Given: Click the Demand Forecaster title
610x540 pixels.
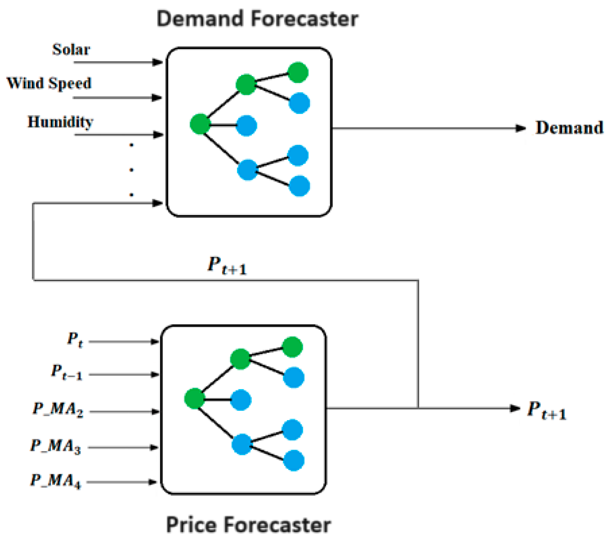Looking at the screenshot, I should [257, 19].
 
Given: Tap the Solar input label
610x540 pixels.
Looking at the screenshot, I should [71, 50].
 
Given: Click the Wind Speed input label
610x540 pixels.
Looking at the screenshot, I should [49, 83].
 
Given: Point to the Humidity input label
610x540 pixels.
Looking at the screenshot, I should [60, 122].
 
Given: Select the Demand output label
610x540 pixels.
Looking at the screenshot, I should [569, 128].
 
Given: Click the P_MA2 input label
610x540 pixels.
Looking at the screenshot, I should [58, 409].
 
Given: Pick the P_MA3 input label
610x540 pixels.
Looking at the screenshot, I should [56, 446].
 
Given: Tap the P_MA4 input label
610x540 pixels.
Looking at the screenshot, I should [56, 481].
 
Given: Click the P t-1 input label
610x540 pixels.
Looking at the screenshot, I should [67, 372].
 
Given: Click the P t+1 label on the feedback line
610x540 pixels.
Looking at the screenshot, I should [227, 265].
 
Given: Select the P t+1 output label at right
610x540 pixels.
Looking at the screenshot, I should [546, 410].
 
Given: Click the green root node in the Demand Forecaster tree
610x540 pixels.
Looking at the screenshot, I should [200, 124].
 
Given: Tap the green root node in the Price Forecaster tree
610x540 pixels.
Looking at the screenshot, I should [194, 398].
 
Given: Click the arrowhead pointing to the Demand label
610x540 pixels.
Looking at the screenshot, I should [521, 128].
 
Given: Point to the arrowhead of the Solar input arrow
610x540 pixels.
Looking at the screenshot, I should [158, 62].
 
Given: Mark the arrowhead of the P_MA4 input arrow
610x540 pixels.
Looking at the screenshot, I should [153, 482].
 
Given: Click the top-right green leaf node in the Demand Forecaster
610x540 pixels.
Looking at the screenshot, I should [298, 72].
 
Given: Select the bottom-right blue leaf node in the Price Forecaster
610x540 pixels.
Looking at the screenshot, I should [294, 460].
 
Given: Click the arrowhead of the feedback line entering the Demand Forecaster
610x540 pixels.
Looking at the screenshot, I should [158, 203].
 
